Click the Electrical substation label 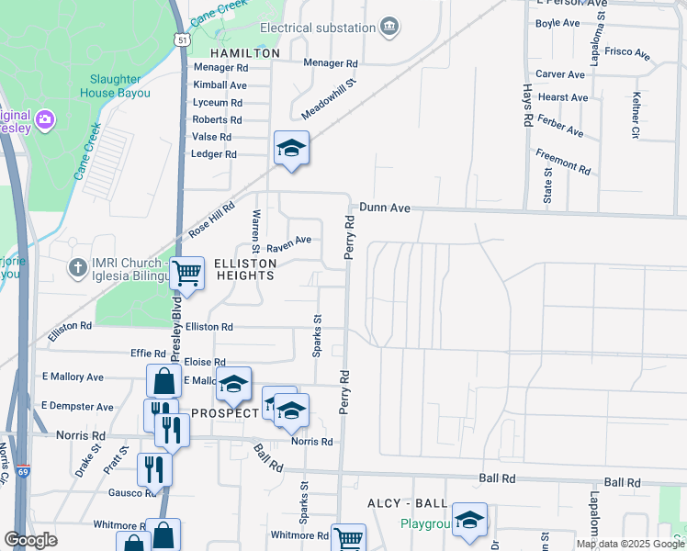click(319, 28)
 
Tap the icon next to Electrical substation click(389, 27)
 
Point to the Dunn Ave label click(384, 208)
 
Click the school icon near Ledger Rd click(291, 148)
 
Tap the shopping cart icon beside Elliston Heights click(187, 273)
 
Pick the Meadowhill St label click(329, 100)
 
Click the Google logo click(31, 539)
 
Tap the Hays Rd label click(527, 107)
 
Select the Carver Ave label click(560, 74)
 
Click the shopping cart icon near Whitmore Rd click(348, 539)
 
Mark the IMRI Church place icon click(79, 267)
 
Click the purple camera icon click(44, 118)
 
